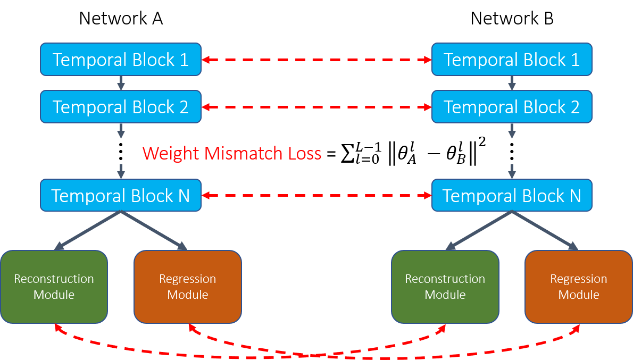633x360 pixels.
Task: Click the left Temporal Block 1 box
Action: point(121,60)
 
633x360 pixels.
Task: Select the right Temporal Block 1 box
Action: point(512,60)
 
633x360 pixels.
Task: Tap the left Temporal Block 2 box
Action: point(121,107)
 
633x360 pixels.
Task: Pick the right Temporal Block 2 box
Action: point(512,107)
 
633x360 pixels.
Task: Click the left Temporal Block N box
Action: point(121,195)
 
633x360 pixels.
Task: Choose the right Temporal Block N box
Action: point(512,195)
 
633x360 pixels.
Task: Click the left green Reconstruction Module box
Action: point(54,287)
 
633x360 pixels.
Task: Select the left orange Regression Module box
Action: point(188,287)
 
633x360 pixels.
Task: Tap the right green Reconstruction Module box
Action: point(445,287)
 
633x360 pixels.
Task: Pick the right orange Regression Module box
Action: point(579,287)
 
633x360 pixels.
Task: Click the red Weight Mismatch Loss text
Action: point(232,154)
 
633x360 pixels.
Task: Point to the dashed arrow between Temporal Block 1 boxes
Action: point(316,60)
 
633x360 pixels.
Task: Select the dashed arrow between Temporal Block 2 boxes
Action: point(316,107)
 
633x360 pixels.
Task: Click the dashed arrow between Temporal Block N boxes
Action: point(316,196)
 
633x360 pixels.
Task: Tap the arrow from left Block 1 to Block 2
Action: point(121,83)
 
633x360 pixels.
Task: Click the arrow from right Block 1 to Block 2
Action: point(512,83)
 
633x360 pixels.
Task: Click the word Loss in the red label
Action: point(302,154)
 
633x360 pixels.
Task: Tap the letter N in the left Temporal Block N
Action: point(184,196)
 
